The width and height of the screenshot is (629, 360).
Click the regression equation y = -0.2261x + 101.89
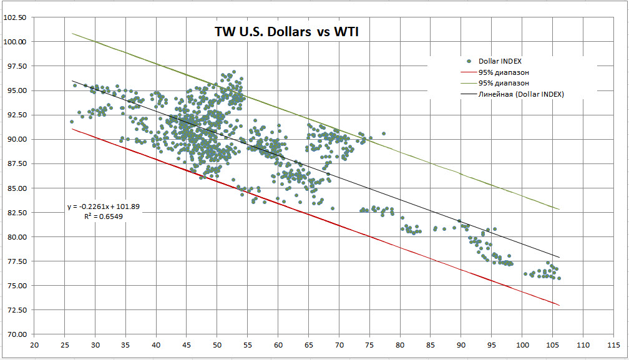pyautogui.click(x=105, y=207)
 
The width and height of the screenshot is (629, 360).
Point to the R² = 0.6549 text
pyautogui.click(x=105, y=216)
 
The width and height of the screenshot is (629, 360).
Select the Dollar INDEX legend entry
pyautogui.click(x=500, y=61)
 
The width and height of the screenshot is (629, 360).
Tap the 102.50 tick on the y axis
pyautogui.click(x=15, y=17)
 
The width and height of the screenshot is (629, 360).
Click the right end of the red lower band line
pyautogui.click(x=559, y=305)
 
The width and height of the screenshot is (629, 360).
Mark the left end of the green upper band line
pyautogui.click(x=72, y=33)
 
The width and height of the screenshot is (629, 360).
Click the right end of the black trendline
pyautogui.click(x=559, y=257)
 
